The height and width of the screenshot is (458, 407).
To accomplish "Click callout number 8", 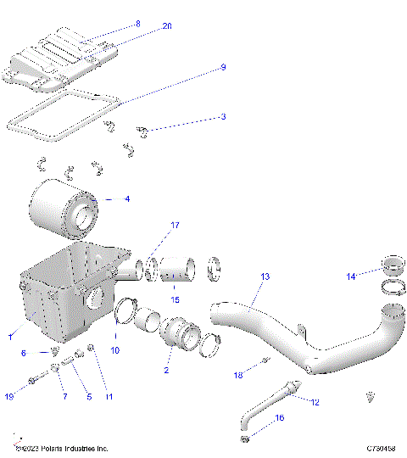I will click(138, 25).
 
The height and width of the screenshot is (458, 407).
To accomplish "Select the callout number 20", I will click(167, 26).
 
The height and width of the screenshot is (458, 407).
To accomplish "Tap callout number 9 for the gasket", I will click(223, 67).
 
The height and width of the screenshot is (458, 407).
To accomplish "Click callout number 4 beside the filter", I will click(126, 199).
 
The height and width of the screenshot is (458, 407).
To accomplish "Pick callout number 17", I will click(176, 226).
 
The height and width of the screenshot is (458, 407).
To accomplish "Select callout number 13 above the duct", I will click(265, 277).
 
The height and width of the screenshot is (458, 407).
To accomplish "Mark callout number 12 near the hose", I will click(315, 402).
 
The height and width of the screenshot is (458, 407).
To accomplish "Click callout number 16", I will click(280, 418).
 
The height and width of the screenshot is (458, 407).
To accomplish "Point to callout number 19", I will click(9, 396).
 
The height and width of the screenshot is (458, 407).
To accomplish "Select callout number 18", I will click(238, 373).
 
